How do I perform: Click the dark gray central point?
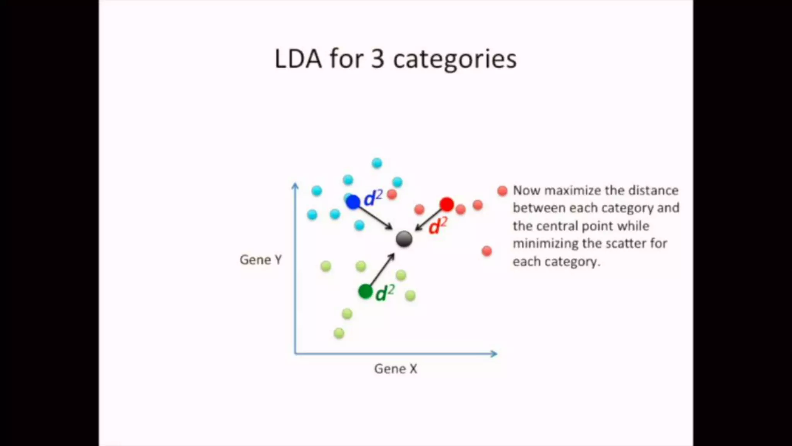coord(404,239)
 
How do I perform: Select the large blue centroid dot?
coord(353,202)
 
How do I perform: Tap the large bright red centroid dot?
coord(447,204)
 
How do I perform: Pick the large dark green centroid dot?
coord(365,291)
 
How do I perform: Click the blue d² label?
coord(373,198)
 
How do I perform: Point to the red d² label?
coord(438,226)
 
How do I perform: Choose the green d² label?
coord(385,293)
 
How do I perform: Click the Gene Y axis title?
coord(261,259)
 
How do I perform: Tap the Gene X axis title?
coord(396,369)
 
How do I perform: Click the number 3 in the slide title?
coord(377,59)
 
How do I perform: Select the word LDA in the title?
coord(298,59)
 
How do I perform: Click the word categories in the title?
coord(455,60)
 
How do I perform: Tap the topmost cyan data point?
coord(377,163)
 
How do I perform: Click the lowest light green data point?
coord(339,333)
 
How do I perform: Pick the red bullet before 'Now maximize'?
coord(502,190)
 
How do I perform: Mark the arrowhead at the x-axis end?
coord(494,353)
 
